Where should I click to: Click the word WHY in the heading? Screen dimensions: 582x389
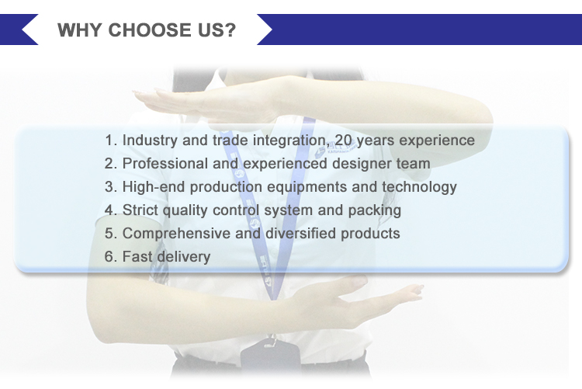79,30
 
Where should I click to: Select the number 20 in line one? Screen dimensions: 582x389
343,140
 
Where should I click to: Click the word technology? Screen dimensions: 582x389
419,188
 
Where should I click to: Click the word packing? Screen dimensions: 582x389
375,211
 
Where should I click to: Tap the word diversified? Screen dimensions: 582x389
300,234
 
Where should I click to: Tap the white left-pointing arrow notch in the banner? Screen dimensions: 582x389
29,30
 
